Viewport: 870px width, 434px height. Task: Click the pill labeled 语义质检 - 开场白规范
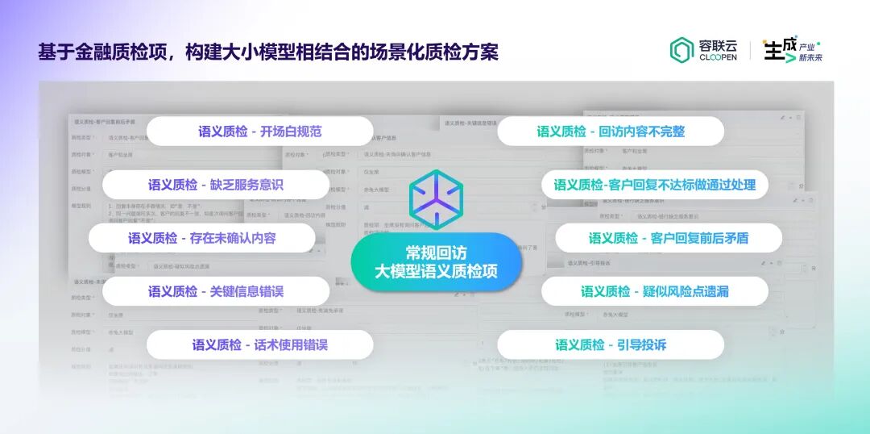coord(260,131)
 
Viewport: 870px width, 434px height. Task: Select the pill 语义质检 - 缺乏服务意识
coord(216,185)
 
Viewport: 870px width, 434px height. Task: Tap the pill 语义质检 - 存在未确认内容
coord(201,238)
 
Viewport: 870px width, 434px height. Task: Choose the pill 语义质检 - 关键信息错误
coord(216,291)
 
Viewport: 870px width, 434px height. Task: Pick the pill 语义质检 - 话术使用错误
coord(259,344)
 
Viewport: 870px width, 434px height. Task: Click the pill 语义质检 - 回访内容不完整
coord(611,131)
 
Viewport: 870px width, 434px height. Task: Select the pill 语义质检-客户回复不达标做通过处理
coord(654,185)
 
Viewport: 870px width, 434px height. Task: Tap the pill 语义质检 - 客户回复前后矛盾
coord(669,238)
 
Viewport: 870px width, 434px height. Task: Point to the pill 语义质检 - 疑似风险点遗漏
coord(654,291)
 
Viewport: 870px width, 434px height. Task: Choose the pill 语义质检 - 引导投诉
coord(611,344)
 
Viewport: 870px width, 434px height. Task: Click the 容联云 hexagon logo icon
coord(681,50)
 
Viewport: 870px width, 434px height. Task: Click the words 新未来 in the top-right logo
coord(810,57)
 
